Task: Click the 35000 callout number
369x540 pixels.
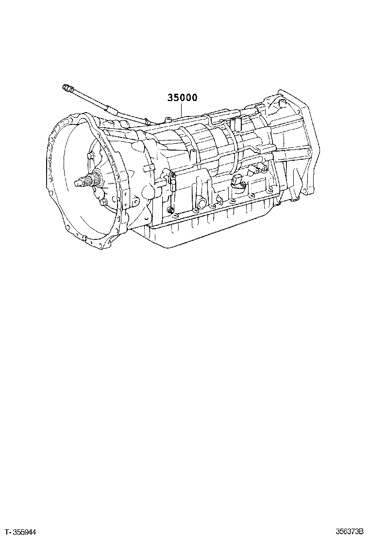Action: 182,98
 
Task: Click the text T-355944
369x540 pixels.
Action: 19,533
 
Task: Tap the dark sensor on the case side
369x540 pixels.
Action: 236,182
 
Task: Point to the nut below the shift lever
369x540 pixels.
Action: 170,210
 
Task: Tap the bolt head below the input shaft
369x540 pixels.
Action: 103,202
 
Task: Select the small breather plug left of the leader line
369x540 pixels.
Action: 166,118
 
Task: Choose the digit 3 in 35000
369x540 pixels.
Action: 170,98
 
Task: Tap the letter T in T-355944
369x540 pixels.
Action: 4,533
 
